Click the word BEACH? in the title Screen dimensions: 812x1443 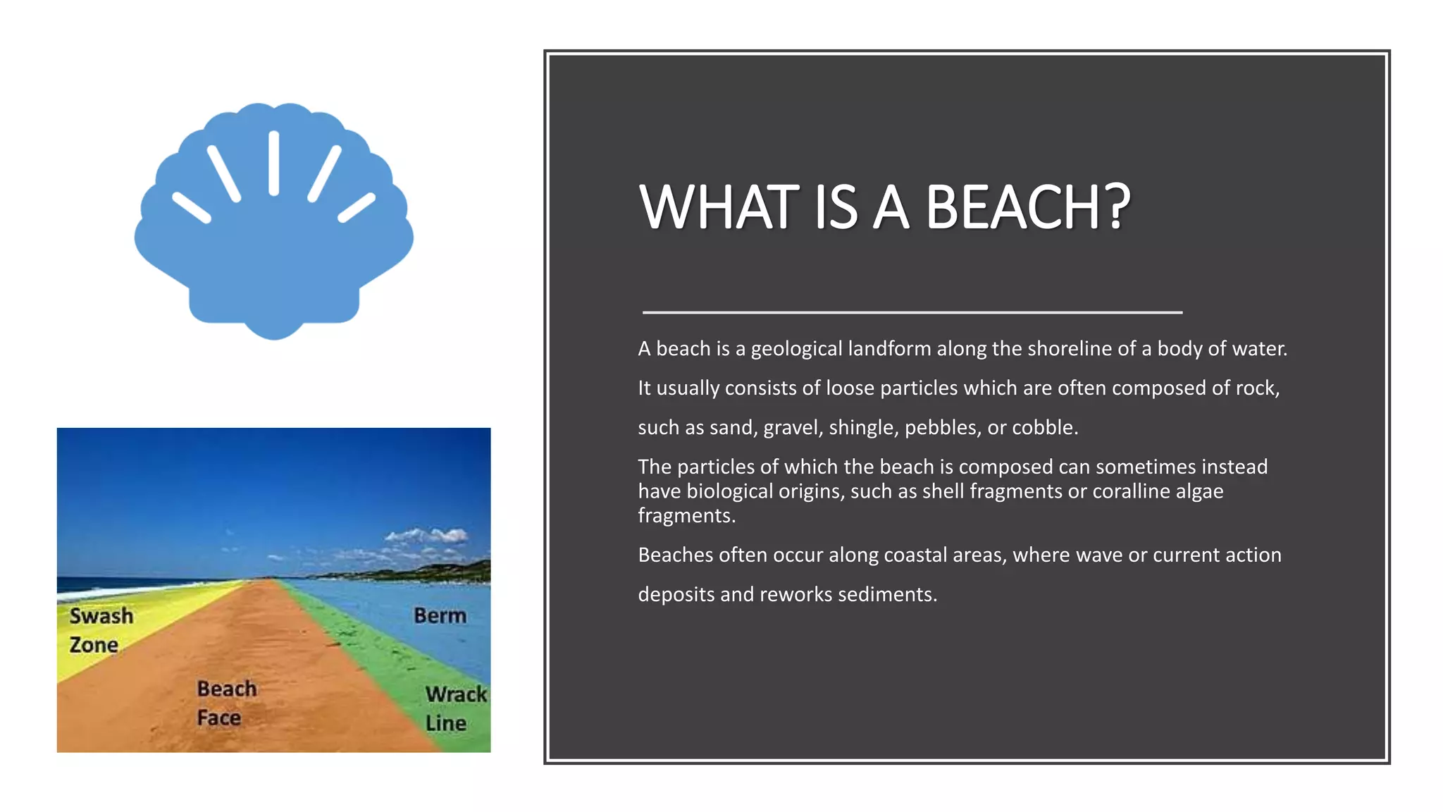point(1027,207)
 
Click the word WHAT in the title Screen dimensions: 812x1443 point(719,207)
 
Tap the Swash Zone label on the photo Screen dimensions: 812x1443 point(101,629)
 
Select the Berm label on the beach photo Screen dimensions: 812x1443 point(440,615)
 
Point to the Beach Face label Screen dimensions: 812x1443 point(226,703)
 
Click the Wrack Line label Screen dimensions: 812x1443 point(455,708)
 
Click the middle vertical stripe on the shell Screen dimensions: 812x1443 point(274,164)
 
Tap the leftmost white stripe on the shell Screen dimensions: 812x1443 point(192,208)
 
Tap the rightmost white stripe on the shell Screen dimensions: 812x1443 point(357,208)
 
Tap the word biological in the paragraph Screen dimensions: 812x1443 point(729,491)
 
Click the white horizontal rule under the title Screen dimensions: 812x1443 point(912,312)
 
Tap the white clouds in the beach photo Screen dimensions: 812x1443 point(428,536)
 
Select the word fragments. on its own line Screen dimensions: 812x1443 point(686,516)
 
